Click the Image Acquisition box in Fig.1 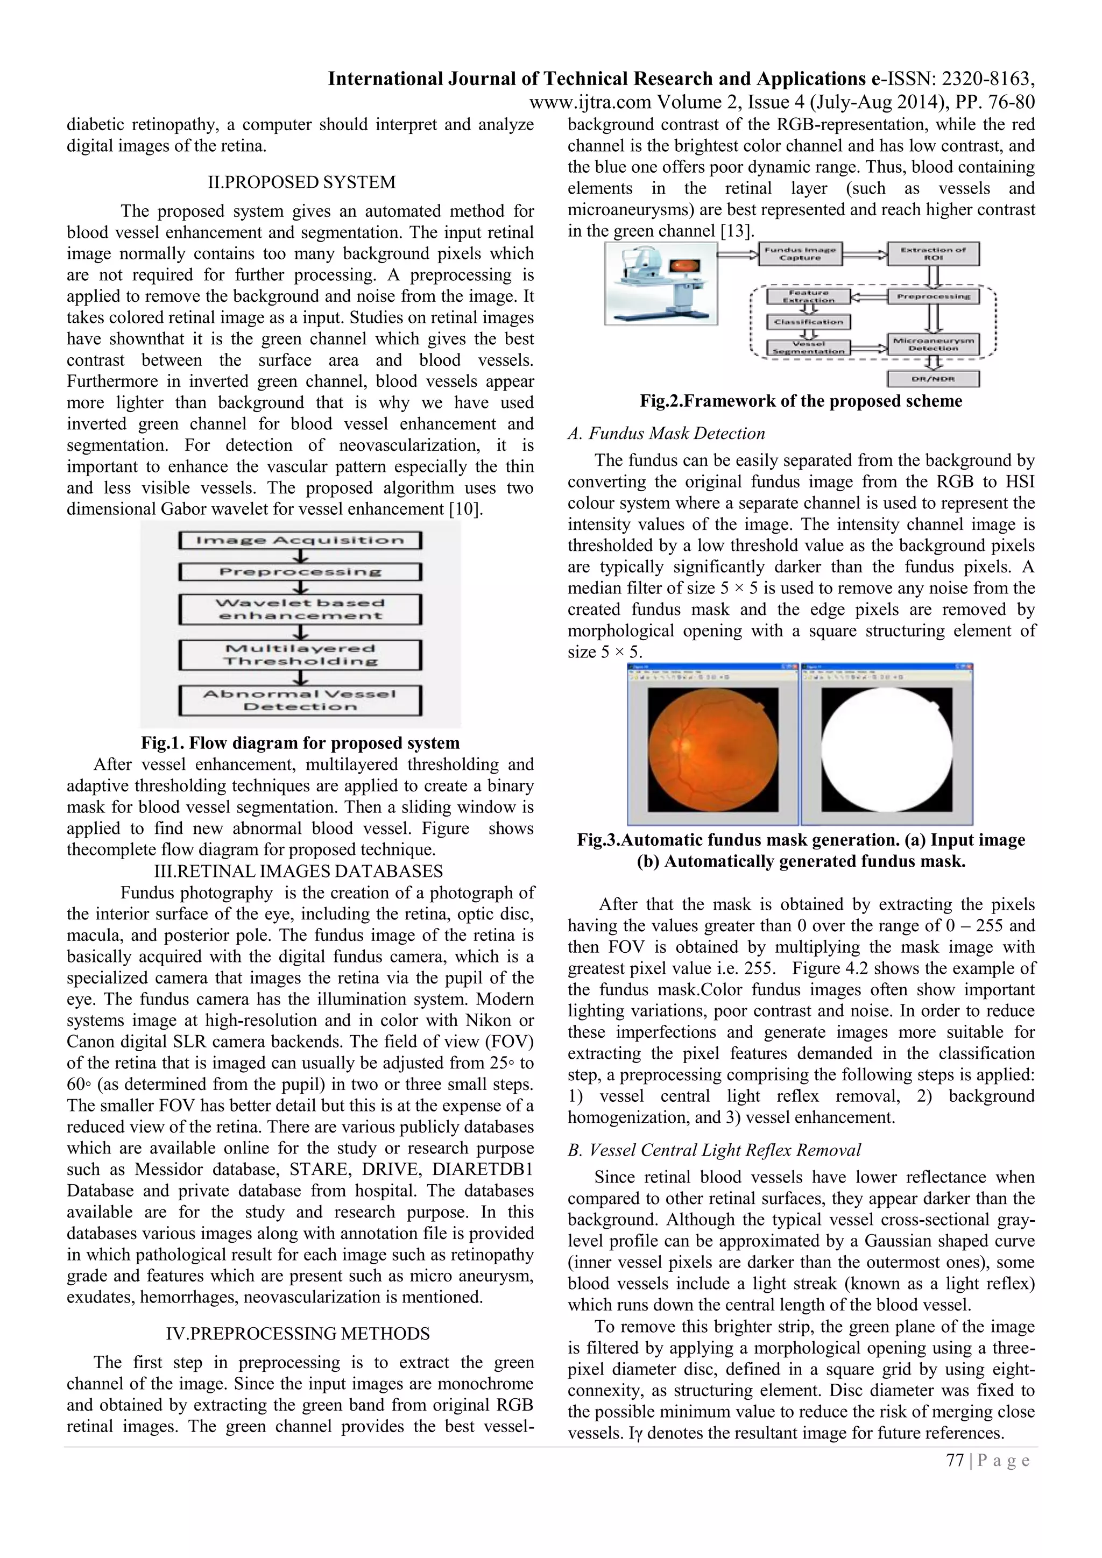click(300, 540)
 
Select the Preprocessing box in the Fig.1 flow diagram click(300, 571)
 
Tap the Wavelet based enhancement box click(300, 610)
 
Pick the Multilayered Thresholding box click(300, 655)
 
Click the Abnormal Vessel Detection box click(300, 700)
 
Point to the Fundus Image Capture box click(800, 254)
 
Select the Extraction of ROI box click(933, 254)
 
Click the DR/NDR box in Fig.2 click(933, 379)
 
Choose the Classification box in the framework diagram click(808, 322)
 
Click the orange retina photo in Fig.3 click(712, 750)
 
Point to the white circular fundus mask click(886, 750)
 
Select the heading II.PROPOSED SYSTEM click(301, 182)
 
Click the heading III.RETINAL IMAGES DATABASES click(298, 872)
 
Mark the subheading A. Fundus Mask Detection click(666, 434)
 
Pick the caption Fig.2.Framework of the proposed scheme click(801, 401)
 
